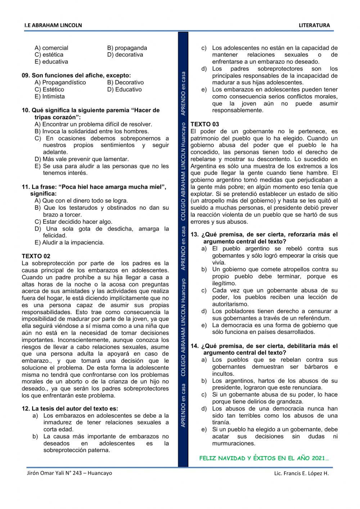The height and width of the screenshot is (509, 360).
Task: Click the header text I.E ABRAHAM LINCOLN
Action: (x=53, y=25)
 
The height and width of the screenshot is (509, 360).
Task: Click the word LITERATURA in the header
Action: (x=314, y=25)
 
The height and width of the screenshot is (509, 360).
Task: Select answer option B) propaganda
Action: (x=127, y=48)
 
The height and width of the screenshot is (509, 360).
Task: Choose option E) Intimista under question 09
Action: (x=50, y=97)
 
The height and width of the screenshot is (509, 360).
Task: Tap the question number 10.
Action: (x=26, y=110)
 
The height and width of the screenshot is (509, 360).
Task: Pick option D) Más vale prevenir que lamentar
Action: (x=82, y=159)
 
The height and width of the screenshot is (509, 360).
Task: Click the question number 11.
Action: (x=26, y=187)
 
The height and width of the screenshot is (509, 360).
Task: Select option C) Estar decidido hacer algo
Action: (x=73, y=222)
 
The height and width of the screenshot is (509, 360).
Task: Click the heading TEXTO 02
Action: (x=36, y=256)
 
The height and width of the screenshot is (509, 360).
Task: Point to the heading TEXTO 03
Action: (x=204, y=124)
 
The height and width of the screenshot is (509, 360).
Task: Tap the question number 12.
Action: (x=26, y=408)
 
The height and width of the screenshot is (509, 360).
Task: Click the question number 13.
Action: (x=194, y=235)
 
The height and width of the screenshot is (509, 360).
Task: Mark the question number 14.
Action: (x=194, y=346)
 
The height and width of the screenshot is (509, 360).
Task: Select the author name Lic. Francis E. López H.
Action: (x=301, y=473)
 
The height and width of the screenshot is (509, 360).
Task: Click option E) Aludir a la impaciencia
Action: (x=69, y=243)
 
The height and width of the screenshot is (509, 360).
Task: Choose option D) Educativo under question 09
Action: (x=124, y=90)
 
